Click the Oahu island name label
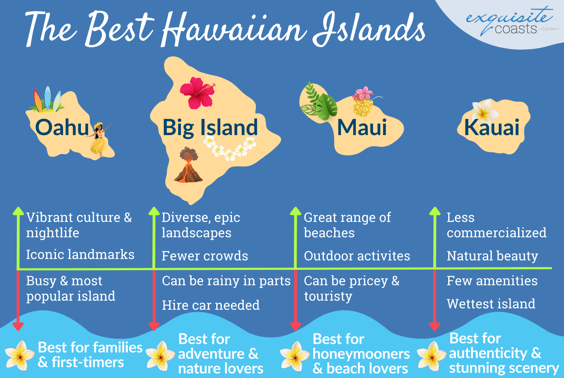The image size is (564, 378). [x=62, y=127]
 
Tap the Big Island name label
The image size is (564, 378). [x=210, y=127]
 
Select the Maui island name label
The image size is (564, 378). [x=362, y=127]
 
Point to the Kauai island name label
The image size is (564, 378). [x=492, y=127]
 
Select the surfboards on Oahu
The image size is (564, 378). [x=47, y=100]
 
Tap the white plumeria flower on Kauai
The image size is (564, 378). [x=484, y=111]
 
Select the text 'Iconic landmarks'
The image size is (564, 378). [x=80, y=255]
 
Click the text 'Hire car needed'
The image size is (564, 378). [x=211, y=305]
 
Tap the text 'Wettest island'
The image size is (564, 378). [x=491, y=304]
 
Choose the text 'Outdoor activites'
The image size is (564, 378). [x=357, y=256]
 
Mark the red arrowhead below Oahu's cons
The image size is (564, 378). [x=18, y=326]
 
